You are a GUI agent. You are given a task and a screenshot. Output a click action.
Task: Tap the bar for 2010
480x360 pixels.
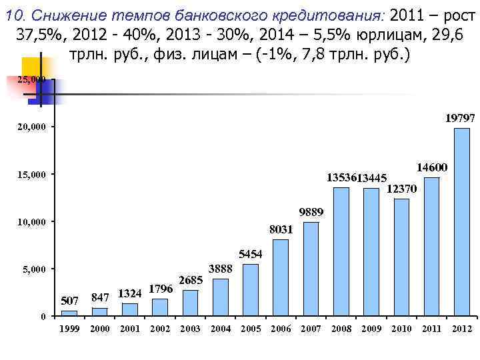tap(401, 257)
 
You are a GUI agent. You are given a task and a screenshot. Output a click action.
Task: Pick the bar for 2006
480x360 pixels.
tap(281, 277)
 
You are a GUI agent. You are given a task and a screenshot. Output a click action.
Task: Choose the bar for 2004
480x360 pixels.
tap(221, 297)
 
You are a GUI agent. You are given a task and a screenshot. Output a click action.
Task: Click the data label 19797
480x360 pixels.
tap(460, 118)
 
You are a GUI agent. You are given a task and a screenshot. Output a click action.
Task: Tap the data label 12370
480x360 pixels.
tap(401, 189)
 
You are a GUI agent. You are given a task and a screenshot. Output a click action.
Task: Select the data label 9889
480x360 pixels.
tap(311, 212)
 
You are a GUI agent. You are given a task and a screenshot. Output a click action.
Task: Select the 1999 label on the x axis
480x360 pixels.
tap(69, 329)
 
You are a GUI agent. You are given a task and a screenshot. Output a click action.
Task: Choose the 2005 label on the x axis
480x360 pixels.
tap(251, 329)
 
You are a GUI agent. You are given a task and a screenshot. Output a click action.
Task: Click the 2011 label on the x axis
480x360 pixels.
tap(431, 329)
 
